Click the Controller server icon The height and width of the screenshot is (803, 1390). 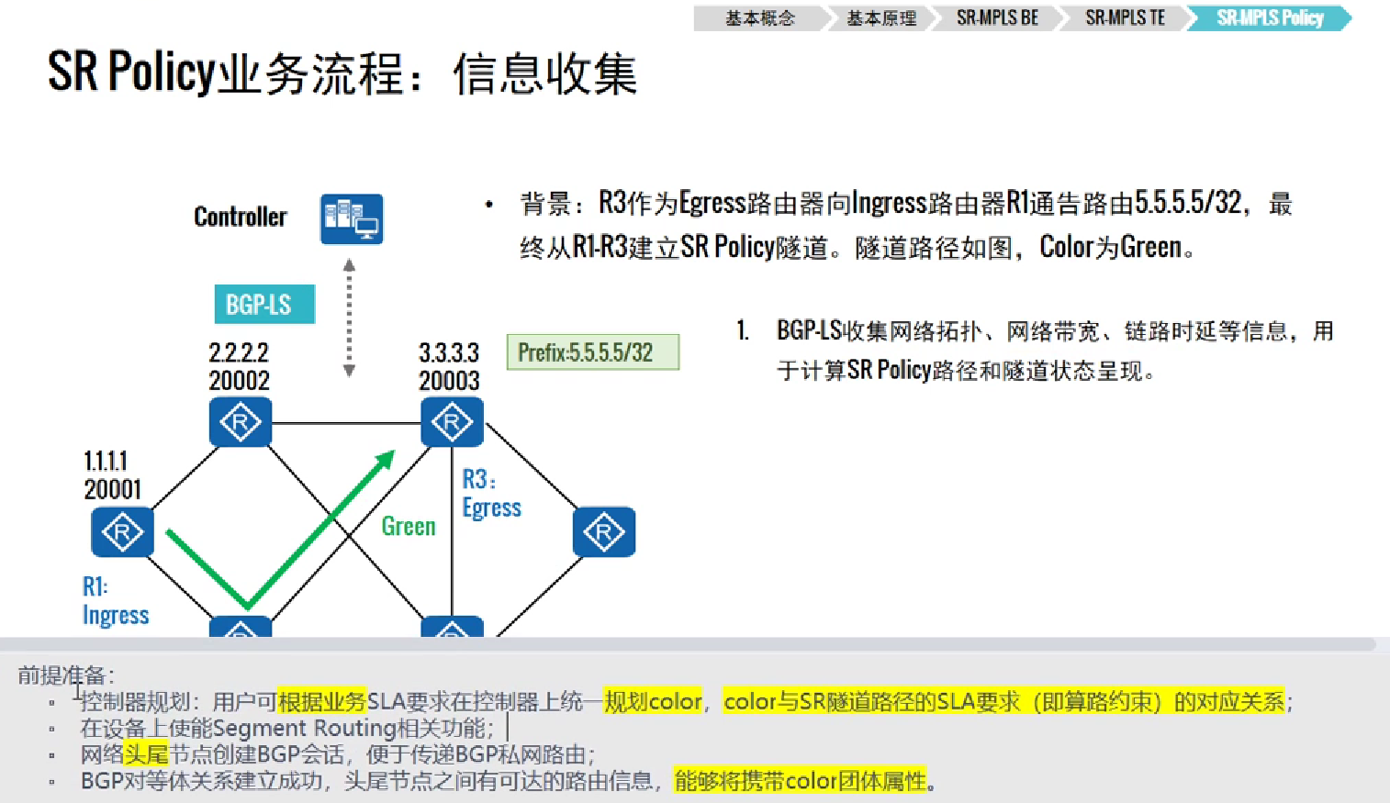click(352, 218)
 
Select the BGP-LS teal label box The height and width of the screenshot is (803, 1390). click(264, 305)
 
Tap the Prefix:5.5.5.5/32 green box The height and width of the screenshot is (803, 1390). click(592, 352)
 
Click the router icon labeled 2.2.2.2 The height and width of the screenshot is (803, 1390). click(241, 422)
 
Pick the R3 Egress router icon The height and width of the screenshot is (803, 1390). click(452, 422)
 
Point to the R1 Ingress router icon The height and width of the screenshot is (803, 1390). click(122, 531)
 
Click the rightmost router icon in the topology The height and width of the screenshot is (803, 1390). click(603, 531)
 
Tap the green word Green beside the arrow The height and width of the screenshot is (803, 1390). click(409, 526)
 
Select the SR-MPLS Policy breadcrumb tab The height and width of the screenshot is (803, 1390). click(1270, 18)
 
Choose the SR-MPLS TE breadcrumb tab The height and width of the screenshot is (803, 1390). click(1125, 18)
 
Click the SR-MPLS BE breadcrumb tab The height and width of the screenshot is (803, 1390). click(997, 18)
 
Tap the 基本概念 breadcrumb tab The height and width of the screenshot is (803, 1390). click(760, 18)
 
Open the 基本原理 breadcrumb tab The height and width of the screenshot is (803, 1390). click(881, 18)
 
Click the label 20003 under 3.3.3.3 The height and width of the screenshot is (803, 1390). click(449, 381)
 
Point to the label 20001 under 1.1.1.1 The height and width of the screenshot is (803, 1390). click(113, 489)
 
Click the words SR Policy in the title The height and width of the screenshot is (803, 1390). click(131, 72)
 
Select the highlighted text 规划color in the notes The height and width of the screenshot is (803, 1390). click(653, 702)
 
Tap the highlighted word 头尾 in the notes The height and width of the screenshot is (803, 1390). click(147, 755)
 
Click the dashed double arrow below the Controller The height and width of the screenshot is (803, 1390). click(349, 318)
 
